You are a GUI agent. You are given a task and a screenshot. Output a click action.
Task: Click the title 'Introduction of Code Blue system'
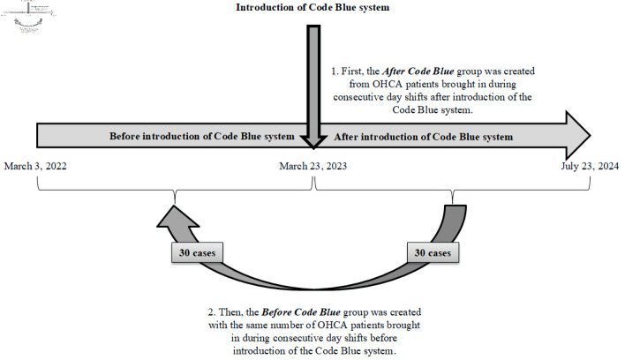click(x=312, y=9)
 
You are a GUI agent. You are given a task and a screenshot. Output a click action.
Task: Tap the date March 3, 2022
click(x=35, y=167)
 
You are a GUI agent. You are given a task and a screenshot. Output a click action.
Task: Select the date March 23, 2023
click(x=312, y=167)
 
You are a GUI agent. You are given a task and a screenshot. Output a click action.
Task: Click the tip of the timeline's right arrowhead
click(x=589, y=136)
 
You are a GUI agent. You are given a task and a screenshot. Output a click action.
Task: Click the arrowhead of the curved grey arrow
click(x=176, y=214)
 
